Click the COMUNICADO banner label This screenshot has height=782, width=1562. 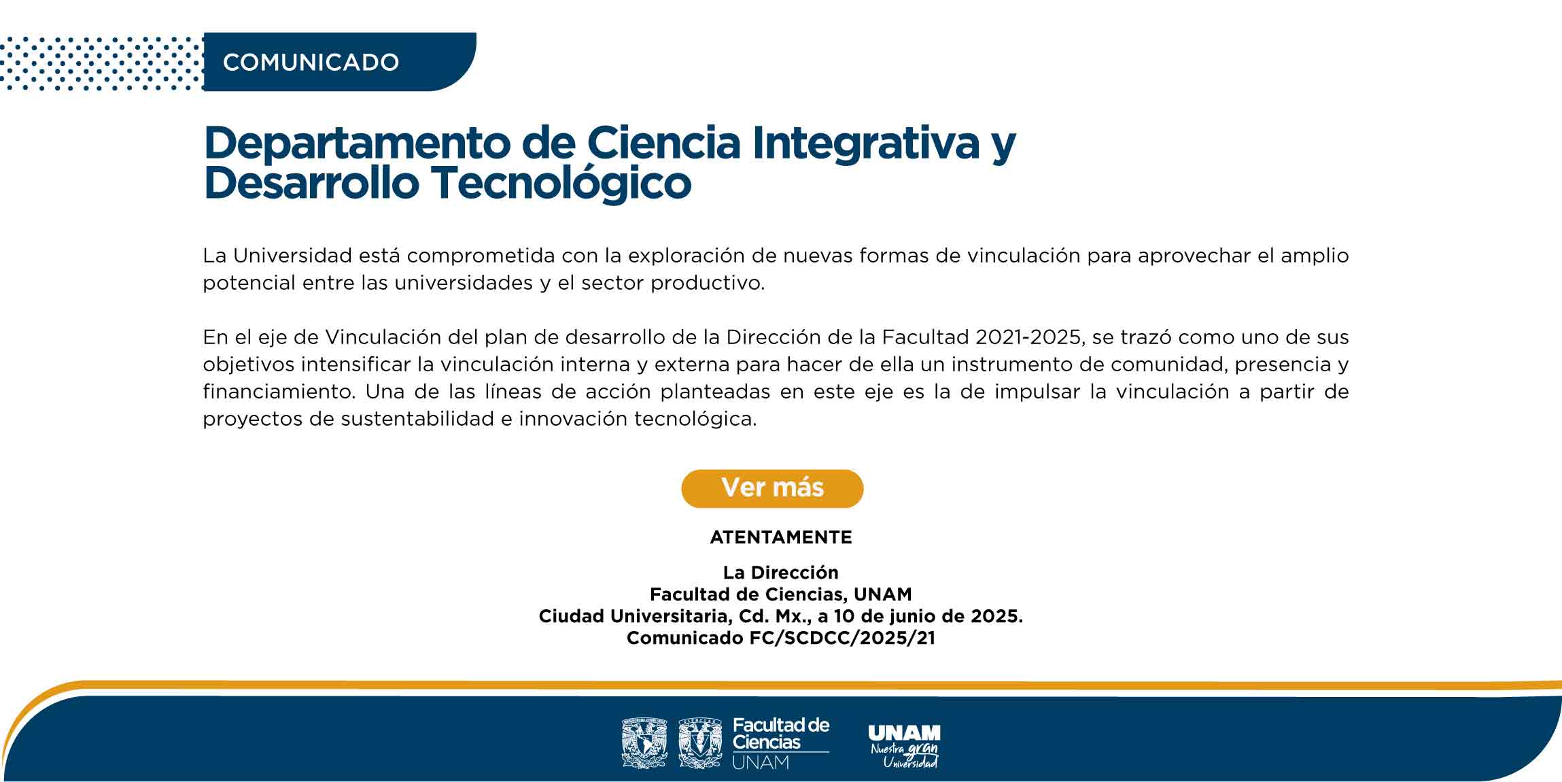click(x=311, y=63)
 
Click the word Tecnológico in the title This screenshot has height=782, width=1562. click(x=561, y=184)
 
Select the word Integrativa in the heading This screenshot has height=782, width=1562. click(x=865, y=144)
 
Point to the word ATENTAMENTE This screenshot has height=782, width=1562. click(x=781, y=537)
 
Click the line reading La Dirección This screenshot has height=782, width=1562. click(x=781, y=573)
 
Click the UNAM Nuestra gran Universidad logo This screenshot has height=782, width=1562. click(x=905, y=746)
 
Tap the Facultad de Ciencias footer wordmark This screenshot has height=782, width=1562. click(x=781, y=743)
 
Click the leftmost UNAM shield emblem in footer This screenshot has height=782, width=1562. click(x=644, y=743)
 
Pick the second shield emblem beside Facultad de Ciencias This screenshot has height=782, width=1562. click(x=700, y=743)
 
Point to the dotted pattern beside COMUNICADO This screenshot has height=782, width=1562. click(x=102, y=63)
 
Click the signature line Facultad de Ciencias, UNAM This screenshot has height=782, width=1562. click(x=781, y=594)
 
